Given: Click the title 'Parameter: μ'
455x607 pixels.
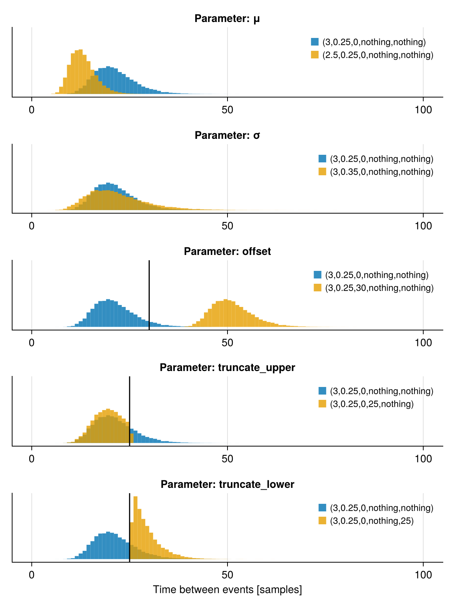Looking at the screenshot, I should click(227, 19).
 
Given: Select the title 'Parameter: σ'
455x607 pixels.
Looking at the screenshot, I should click(227, 135).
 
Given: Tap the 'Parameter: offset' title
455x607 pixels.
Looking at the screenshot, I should click(227, 252).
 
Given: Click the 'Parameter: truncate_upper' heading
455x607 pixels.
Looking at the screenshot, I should click(227, 368).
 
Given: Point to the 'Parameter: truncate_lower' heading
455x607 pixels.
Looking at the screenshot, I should click(227, 484).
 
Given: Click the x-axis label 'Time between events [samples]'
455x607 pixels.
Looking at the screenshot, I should click(227, 590).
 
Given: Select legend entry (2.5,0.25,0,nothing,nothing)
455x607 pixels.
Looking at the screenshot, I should click(377, 55).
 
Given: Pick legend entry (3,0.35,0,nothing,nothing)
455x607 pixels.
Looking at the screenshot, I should click(381, 172).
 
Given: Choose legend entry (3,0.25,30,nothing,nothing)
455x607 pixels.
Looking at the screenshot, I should click(379, 288).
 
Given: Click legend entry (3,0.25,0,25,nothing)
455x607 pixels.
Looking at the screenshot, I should click(371, 404).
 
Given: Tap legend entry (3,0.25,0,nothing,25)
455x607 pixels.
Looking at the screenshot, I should click(371, 521).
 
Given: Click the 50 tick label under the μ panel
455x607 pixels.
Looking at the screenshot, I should click(227, 110).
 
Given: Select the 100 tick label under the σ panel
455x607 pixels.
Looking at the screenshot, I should click(423, 226).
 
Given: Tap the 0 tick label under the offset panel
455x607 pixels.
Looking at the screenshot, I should click(32, 343).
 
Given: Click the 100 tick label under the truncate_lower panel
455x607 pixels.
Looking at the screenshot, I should click(423, 575).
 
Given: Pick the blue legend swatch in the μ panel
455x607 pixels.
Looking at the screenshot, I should click(315, 42).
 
